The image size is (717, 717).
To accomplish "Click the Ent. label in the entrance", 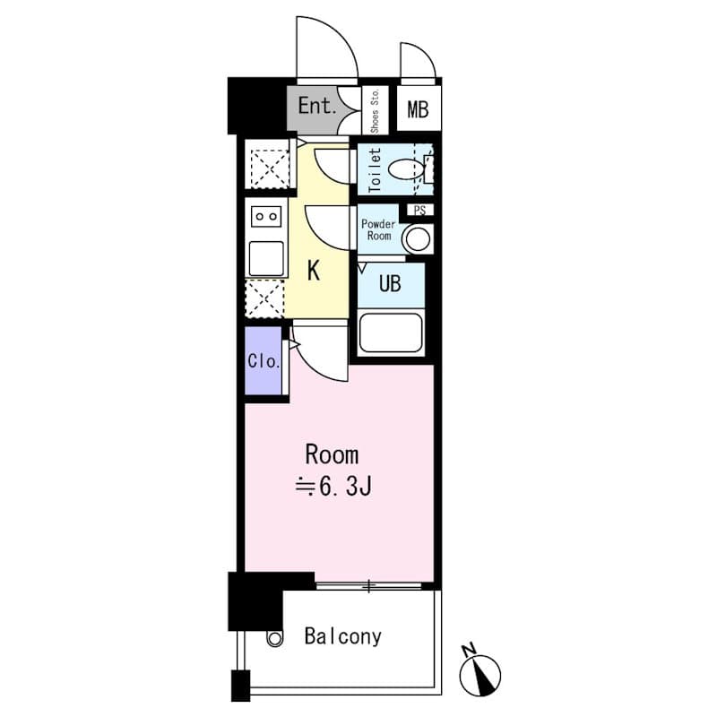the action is pyautogui.click(x=317, y=106).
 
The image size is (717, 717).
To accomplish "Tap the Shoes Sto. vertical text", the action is pyautogui.click(x=375, y=111).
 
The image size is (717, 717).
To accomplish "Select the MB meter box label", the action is pyautogui.click(x=418, y=109).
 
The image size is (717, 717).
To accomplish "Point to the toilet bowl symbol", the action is pyautogui.click(x=405, y=169).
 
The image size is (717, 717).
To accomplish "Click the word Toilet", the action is pyautogui.click(x=376, y=169).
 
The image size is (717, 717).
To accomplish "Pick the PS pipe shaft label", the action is pyautogui.click(x=419, y=210).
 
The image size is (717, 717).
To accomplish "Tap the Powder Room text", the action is pyautogui.click(x=378, y=230).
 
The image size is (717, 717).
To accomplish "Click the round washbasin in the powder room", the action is pyautogui.click(x=418, y=238).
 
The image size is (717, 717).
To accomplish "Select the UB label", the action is pyautogui.click(x=390, y=283).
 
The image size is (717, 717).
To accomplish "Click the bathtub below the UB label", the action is pyautogui.click(x=391, y=332).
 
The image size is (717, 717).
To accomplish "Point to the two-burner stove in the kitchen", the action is pyautogui.click(x=266, y=217).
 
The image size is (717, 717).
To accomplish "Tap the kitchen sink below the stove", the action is pyautogui.click(x=266, y=258).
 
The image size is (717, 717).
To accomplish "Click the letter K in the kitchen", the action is pyautogui.click(x=314, y=271).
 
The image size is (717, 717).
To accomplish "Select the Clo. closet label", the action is pyautogui.click(x=263, y=361).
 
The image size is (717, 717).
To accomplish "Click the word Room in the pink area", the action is pyautogui.click(x=332, y=455).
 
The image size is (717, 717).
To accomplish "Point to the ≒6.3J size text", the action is pyautogui.click(x=333, y=487).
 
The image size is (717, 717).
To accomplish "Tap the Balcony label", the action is pyautogui.click(x=343, y=636).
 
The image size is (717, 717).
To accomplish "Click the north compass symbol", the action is pyautogui.click(x=480, y=676).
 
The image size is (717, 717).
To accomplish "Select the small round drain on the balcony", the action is pyautogui.click(x=275, y=638).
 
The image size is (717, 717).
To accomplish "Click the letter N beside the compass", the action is pyautogui.click(x=468, y=650).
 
